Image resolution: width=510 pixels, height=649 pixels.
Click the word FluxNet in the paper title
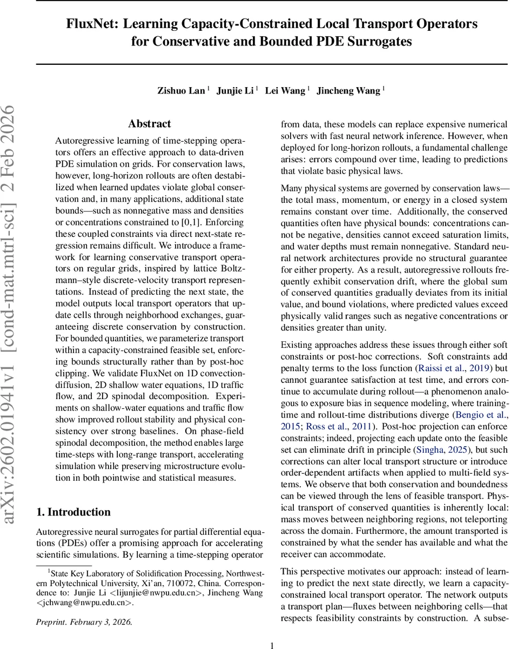89,24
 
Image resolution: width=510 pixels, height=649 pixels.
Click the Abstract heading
149,124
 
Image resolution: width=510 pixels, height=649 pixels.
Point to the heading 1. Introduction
73,512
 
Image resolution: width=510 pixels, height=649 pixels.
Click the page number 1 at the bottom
272,641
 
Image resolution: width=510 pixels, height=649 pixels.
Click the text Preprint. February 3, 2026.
84,622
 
